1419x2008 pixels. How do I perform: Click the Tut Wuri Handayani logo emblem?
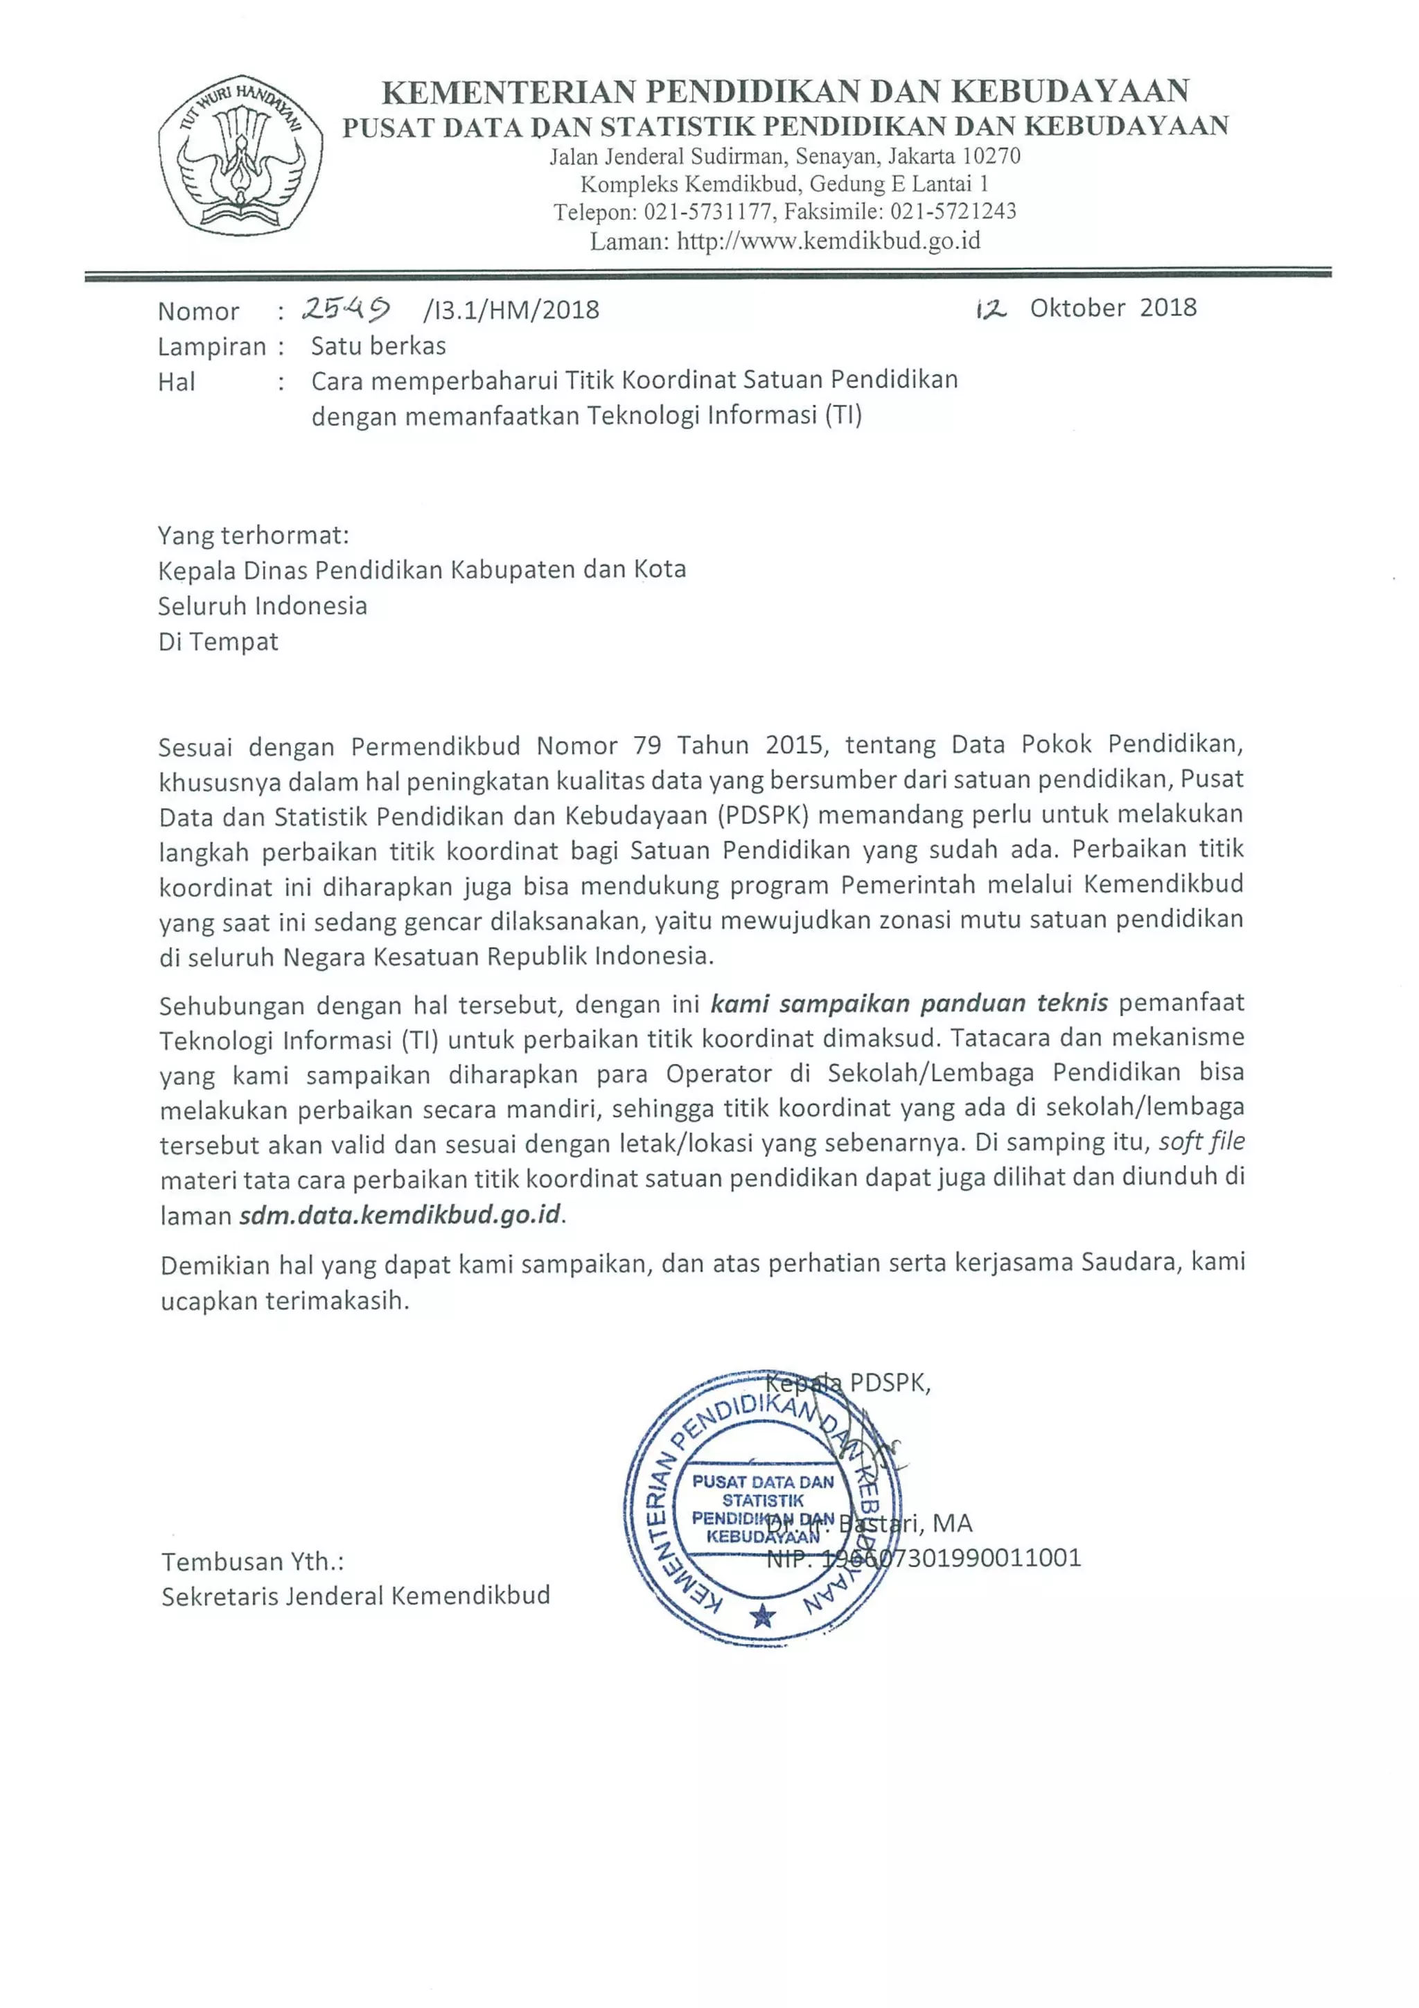coord(240,155)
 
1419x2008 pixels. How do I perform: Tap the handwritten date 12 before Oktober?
coord(991,308)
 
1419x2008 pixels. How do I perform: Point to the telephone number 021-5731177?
coord(707,211)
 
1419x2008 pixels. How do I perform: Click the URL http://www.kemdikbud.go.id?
coord(828,241)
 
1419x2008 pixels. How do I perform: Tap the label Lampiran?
coord(211,347)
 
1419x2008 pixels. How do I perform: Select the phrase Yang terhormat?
coord(253,534)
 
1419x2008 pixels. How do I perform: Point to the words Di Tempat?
coord(218,641)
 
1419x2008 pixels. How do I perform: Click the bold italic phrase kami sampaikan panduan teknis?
coord(908,1003)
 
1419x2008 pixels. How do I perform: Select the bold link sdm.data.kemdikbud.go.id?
coord(400,1216)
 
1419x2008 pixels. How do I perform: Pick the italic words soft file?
coord(1201,1142)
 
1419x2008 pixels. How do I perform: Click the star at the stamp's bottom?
coord(762,1614)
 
